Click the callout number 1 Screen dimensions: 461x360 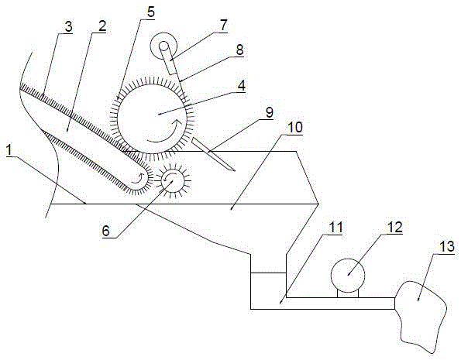pos(10,150)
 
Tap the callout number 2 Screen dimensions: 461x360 pos(101,27)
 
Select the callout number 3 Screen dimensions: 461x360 pos(68,27)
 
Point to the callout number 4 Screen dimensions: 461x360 pos(241,86)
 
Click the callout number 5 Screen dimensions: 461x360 pos(150,12)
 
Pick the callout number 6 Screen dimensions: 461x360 pos(106,231)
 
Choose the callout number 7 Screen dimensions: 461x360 pos(224,26)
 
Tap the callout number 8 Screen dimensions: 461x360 pos(240,50)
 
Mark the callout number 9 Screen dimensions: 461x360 pos(269,112)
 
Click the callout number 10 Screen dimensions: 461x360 pos(294,128)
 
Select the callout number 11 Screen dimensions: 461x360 pos(335,228)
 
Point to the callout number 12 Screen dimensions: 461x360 pos(394,227)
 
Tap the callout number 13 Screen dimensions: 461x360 pos(446,245)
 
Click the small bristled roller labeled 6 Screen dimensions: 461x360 pos(172,180)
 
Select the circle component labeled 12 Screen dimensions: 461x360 pos(348,276)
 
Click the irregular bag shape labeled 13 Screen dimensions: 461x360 pos(420,316)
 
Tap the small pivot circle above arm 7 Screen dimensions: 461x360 pos(163,46)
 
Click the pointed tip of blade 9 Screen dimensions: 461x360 pos(235,171)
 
